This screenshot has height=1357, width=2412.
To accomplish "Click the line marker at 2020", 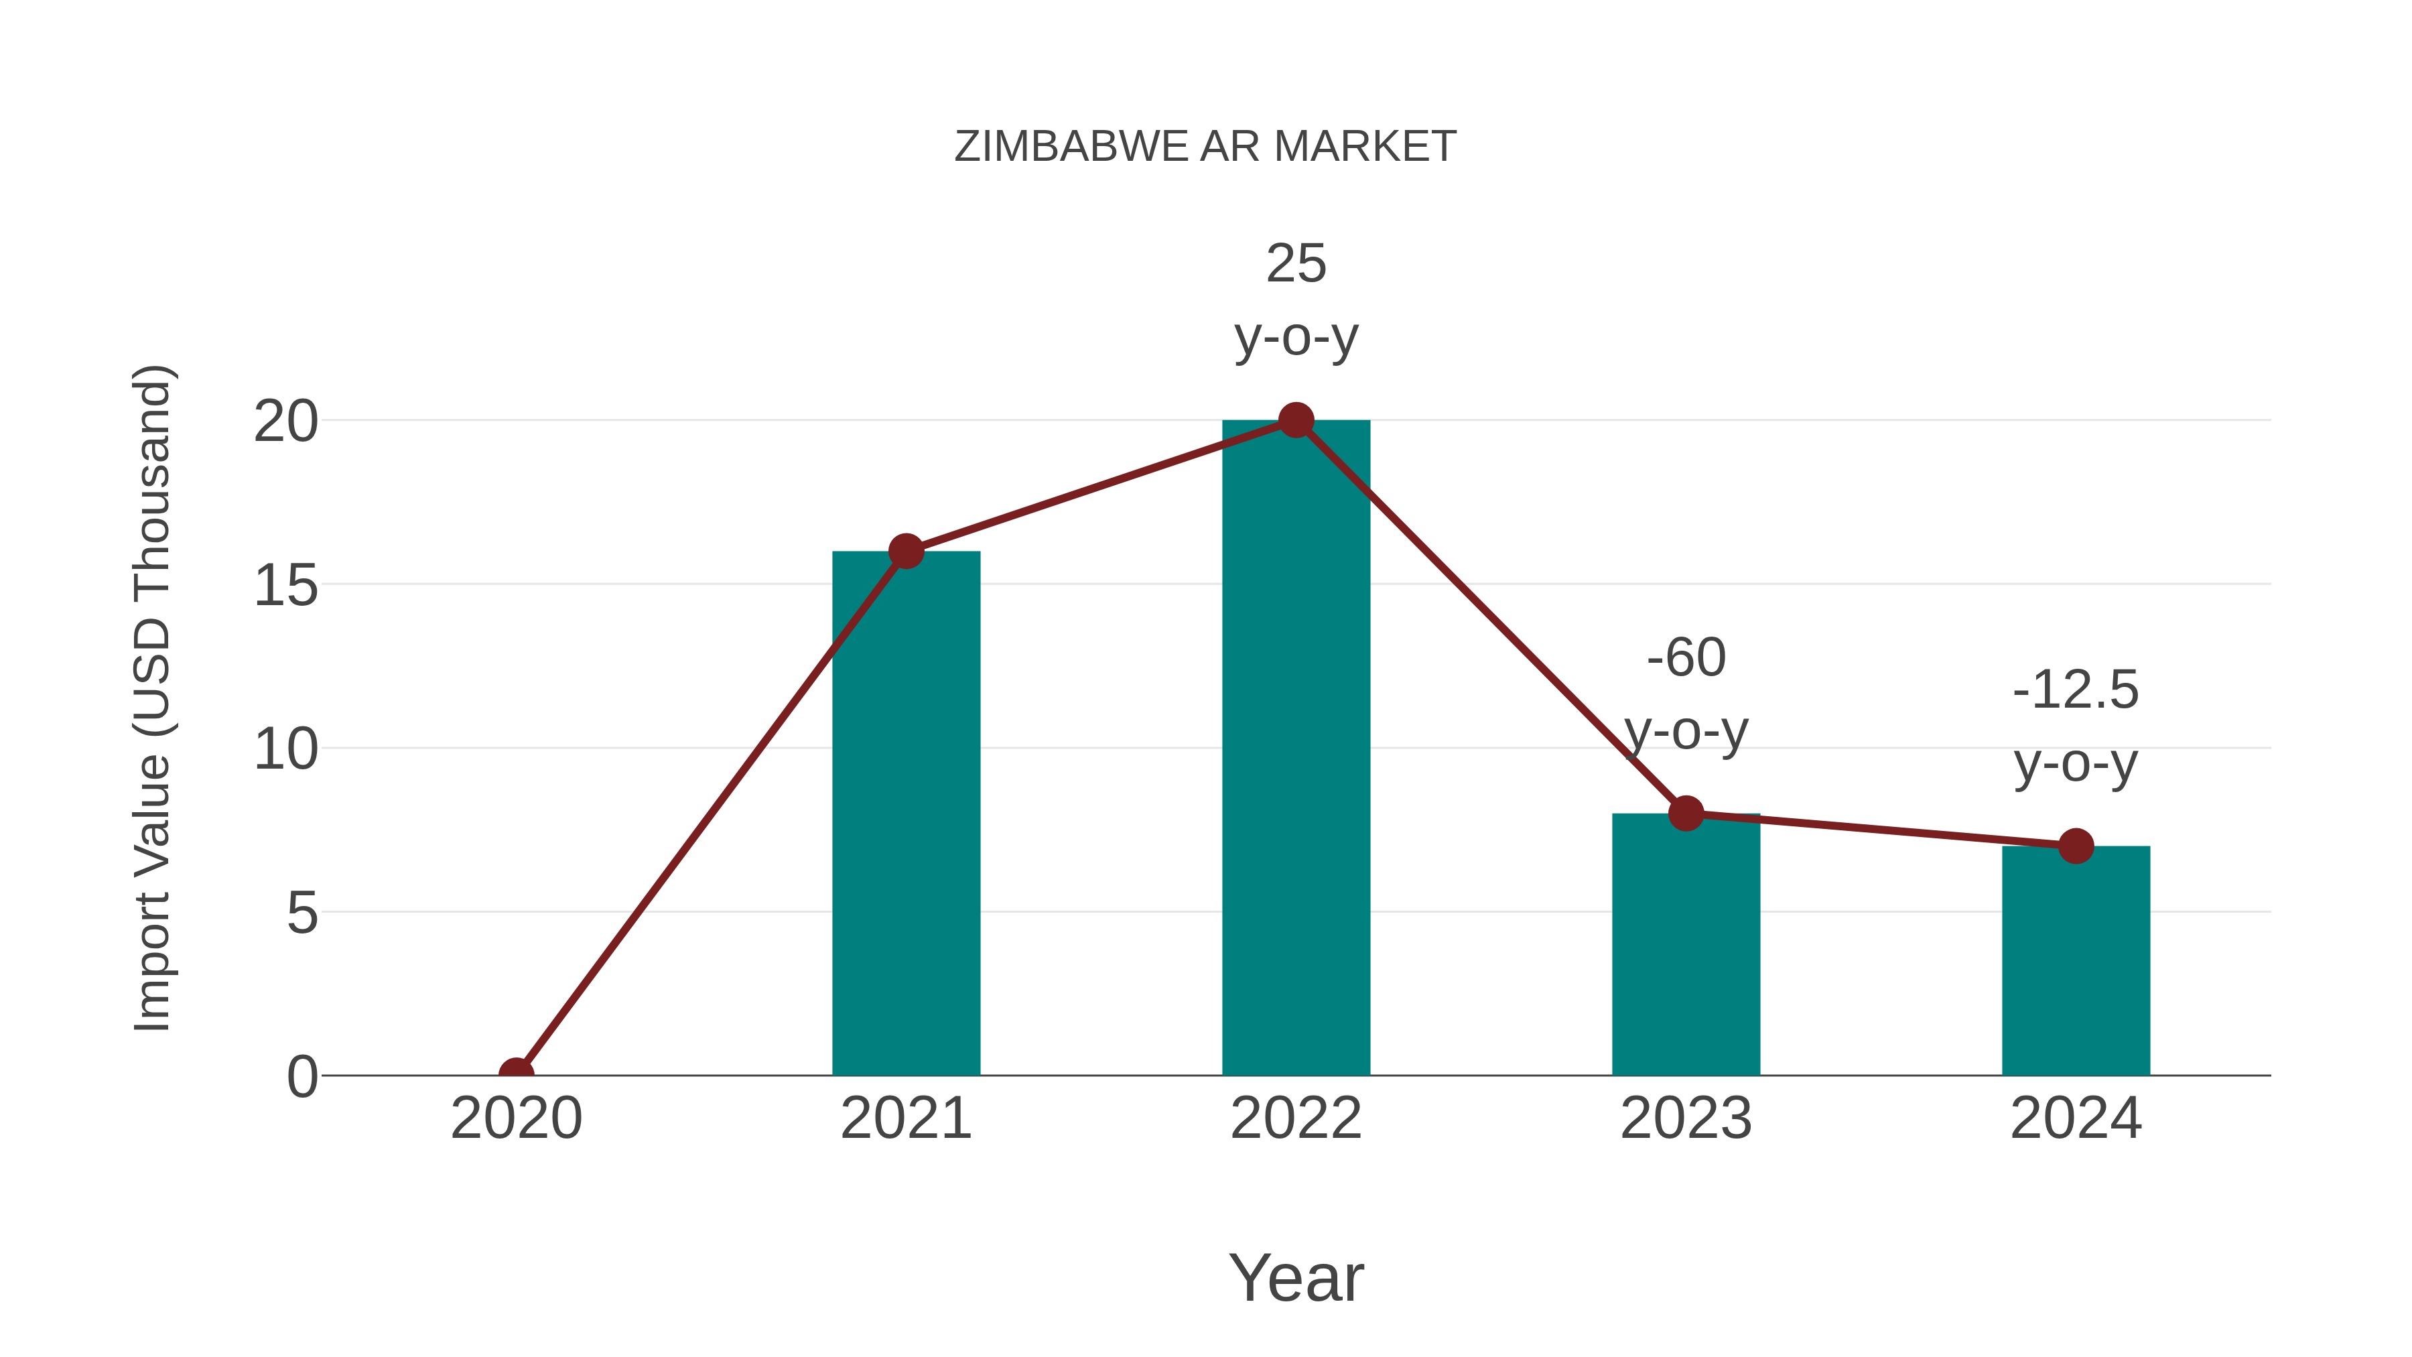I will (516, 1074).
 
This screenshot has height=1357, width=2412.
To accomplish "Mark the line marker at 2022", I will (1295, 420).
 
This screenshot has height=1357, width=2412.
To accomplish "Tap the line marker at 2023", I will (1686, 813).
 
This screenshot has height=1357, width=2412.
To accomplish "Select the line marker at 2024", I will (2075, 846).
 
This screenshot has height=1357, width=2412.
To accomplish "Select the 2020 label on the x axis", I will (516, 1118).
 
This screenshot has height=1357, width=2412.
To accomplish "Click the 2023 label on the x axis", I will (1686, 1118).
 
